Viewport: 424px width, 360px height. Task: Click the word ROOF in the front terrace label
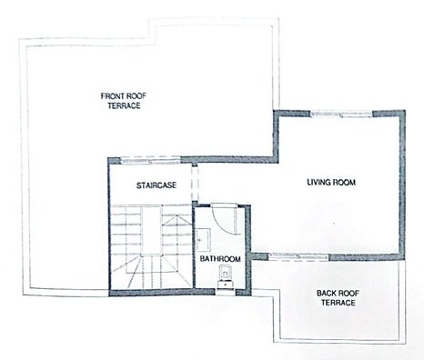pyautogui.click(x=136, y=96)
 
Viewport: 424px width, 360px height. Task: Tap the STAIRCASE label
pyautogui.click(x=156, y=185)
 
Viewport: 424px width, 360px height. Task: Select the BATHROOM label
pyautogui.click(x=220, y=259)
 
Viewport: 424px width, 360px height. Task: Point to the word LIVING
pyautogui.click(x=318, y=183)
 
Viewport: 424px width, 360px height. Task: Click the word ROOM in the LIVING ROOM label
pyautogui.click(x=344, y=183)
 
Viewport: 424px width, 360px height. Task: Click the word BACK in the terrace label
pyautogui.click(x=327, y=294)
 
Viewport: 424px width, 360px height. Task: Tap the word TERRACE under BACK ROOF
pyautogui.click(x=338, y=303)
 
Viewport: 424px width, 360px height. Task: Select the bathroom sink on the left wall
pyautogui.click(x=203, y=240)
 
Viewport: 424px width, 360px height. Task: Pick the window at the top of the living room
pyautogui.click(x=341, y=114)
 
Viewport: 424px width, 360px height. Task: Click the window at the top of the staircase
pyautogui.click(x=151, y=160)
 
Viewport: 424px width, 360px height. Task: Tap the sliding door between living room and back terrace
pyautogui.click(x=298, y=257)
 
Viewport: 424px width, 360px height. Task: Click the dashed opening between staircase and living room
pyautogui.click(x=195, y=185)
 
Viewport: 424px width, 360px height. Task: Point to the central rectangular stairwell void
pyautogui.click(x=151, y=230)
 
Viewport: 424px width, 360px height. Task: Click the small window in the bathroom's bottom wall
pyautogui.click(x=226, y=292)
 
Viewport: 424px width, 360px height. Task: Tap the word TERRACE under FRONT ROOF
pyautogui.click(x=124, y=105)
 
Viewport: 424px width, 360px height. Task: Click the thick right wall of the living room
pyautogui.click(x=402, y=185)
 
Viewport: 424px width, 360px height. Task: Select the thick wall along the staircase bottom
pyautogui.click(x=162, y=293)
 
